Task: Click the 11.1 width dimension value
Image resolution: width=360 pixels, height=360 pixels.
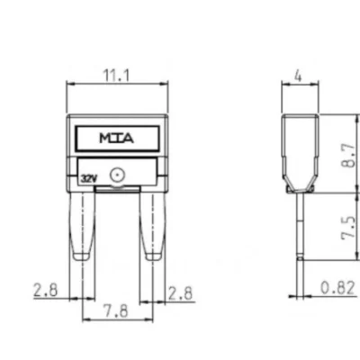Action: point(117,76)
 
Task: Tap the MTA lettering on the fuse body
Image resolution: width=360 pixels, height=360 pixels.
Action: point(117,139)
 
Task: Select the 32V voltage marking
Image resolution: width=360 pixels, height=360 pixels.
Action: point(89,179)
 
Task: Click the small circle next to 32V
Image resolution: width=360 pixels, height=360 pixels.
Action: point(117,175)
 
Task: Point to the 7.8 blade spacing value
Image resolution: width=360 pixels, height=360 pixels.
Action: point(116,310)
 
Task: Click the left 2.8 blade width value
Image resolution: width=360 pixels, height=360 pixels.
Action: point(45,290)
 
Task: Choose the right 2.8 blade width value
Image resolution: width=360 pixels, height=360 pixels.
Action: point(180,293)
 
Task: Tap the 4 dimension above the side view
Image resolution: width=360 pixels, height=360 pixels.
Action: point(298,76)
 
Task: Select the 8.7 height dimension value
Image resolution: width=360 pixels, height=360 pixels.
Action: point(349,156)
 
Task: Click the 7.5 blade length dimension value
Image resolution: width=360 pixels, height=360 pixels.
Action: point(349,229)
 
